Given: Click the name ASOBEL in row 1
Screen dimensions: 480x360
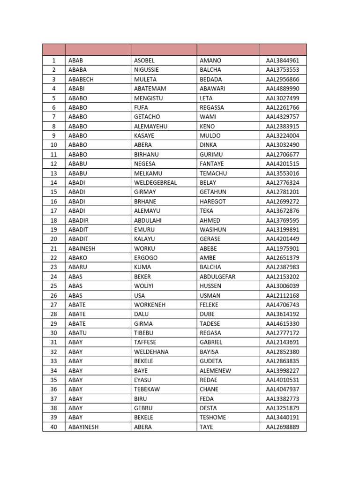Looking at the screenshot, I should [x=144, y=60].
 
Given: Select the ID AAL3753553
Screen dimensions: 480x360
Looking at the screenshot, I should [x=282, y=70].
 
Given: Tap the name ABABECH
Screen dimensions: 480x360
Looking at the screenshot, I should [x=81, y=79].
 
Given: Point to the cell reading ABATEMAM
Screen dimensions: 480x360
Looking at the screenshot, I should [x=150, y=89].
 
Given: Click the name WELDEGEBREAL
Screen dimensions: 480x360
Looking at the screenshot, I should [x=155, y=183].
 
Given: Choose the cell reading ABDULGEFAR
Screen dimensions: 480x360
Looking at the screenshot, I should [x=217, y=277].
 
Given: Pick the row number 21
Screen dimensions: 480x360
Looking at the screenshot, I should [x=53, y=248].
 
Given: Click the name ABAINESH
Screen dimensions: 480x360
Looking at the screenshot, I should [x=82, y=248].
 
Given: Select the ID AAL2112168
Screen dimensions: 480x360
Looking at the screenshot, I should [x=282, y=295].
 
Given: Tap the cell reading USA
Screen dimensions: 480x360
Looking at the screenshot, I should [x=139, y=295].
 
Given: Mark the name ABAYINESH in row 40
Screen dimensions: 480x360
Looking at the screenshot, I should [x=83, y=427].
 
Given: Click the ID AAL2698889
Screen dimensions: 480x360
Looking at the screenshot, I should [x=282, y=427].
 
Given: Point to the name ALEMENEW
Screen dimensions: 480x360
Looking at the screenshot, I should [x=215, y=370].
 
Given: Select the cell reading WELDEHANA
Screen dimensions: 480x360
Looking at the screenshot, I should [x=151, y=352].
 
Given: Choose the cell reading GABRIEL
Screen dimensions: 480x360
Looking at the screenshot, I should [x=211, y=342].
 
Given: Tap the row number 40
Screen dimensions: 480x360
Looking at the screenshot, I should [x=53, y=427].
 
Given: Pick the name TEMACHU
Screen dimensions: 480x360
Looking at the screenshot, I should [x=213, y=173].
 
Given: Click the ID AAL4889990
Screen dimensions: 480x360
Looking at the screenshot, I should [x=282, y=89].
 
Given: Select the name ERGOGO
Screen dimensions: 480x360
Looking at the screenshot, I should [x=145, y=258].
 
